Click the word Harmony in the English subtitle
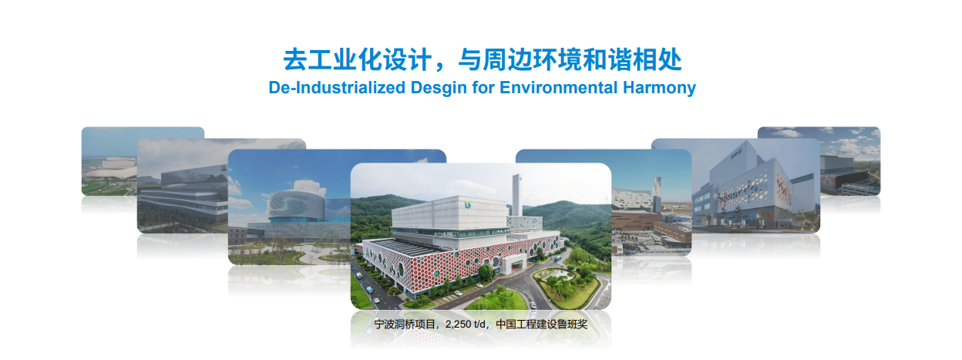click(x=659, y=88)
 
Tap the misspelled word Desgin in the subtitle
click(x=439, y=88)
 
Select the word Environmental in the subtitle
click(x=558, y=88)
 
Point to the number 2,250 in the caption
click(x=458, y=325)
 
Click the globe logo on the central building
click(x=468, y=205)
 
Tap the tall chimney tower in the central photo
click(x=517, y=196)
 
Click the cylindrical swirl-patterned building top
click(x=296, y=204)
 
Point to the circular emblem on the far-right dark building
click(x=828, y=183)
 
